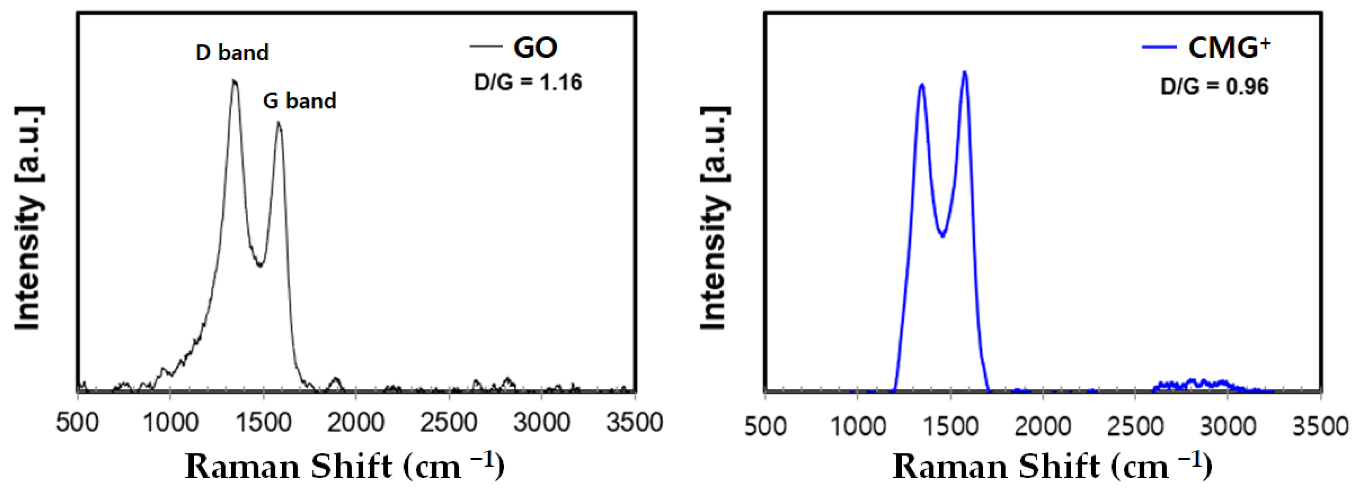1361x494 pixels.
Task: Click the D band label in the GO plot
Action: pyautogui.click(x=232, y=52)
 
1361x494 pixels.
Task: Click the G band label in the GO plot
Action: pyautogui.click(x=299, y=101)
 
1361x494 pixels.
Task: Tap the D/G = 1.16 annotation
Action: pyautogui.click(x=528, y=83)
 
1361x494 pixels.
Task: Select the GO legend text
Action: pyautogui.click(x=535, y=47)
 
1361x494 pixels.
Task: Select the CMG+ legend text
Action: pyautogui.click(x=1229, y=47)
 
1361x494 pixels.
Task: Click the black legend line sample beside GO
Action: pyautogui.click(x=486, y=47)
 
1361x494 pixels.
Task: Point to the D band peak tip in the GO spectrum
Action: pyautogui.click(x=234, y=81)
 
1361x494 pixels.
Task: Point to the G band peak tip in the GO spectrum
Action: pyautogui.click(x=278, y=123)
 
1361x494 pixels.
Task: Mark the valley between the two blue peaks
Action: pyautogui.click(x=942, y=235)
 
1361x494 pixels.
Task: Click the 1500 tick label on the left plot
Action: pyautogui.click(x=263, y=423)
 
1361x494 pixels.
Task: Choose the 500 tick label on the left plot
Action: pyautogui.click(x=77, y=423)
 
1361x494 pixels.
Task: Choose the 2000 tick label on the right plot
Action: pyautogui.click(x=1043, y=426)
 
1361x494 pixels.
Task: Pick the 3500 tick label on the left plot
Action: pyautogui.click(x=634, y=423)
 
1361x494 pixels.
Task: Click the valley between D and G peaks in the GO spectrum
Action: pyautogui.click(x=260, y=265)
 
